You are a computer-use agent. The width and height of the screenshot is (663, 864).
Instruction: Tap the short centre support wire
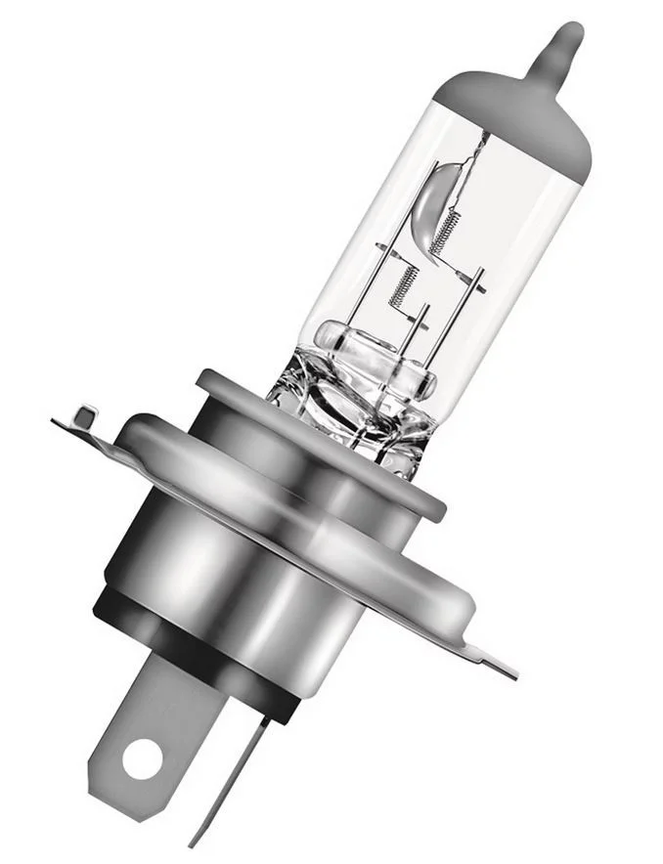point(421,327)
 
